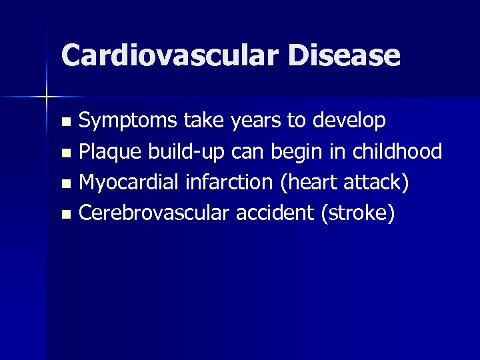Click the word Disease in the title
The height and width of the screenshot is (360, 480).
point(345,55)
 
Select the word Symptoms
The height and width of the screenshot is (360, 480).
point(128,121)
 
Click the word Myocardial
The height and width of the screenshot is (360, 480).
point(129,183)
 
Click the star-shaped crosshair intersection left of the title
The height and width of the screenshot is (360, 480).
point(46,97)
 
